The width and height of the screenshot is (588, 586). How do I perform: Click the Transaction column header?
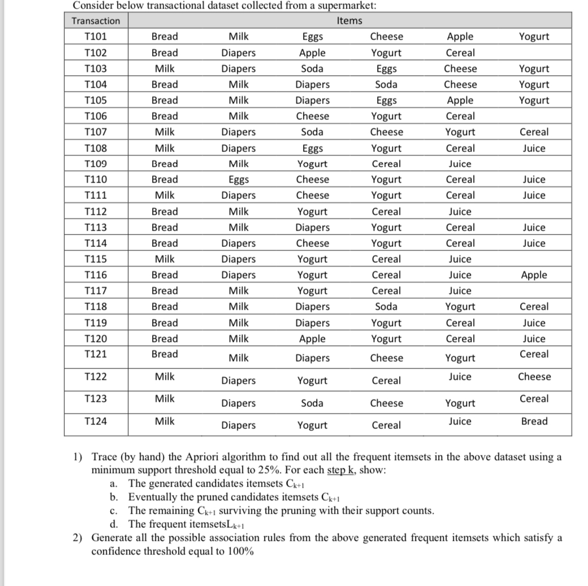(96, 21)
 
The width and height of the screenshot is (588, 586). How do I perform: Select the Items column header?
(349, 21)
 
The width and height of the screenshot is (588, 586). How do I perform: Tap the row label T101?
(96, 37)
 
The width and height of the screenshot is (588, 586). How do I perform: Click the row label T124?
(96, 421)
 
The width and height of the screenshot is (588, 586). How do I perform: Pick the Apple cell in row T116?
(534, 275)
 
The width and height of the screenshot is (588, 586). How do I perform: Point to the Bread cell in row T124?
(534, 421)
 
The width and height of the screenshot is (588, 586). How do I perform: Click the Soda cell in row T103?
(312, 69)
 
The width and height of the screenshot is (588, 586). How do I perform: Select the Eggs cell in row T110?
(238, 180)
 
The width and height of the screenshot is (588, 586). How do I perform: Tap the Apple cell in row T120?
(312, 339)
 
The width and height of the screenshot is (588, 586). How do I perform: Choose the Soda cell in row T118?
(386, 307)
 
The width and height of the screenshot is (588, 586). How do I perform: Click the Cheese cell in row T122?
(534, 376)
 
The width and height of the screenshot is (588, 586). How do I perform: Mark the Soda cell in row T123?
(312, 403)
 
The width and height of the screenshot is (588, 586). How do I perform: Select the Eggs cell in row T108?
(312, 149)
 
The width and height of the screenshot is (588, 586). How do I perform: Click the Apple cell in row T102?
(312, 53)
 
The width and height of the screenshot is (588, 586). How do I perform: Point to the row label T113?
(96, 228)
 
